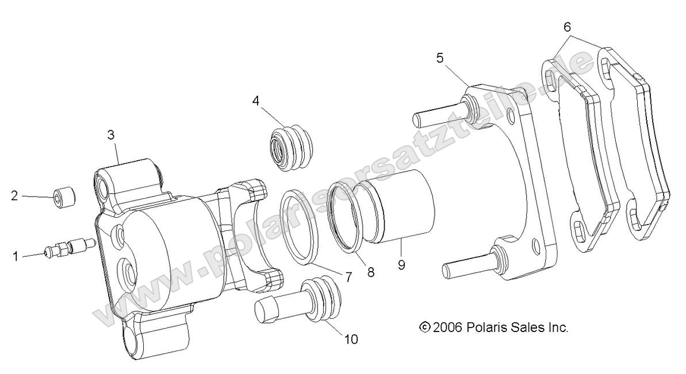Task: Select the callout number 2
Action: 15,196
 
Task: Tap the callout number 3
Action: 111,136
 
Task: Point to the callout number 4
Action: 255,101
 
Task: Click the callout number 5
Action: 440,57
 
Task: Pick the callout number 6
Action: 567,26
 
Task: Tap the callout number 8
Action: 371,272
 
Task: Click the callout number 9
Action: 401,265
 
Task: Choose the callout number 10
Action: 350,340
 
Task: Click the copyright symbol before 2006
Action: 424,327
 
